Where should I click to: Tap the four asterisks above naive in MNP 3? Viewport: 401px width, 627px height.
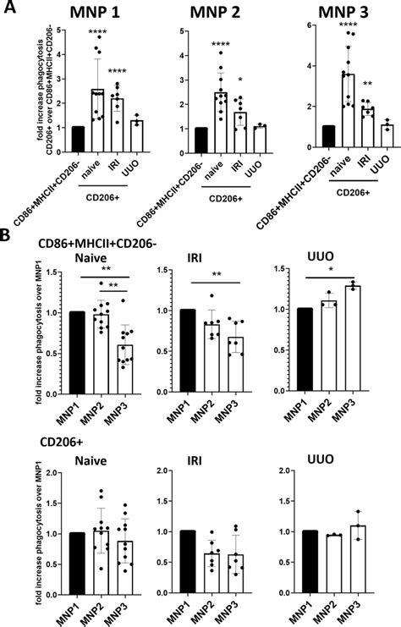click(323, 25)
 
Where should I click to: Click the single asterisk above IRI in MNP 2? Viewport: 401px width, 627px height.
click(240, 75)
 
